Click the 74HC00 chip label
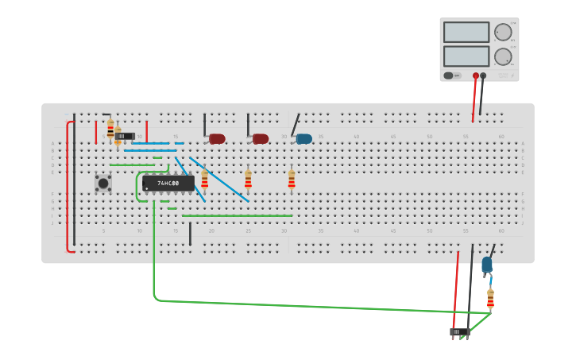coord(168,184)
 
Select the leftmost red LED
coord(217,139)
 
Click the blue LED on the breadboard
coord(303,139)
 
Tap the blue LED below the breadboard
coord(486,265)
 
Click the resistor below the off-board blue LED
coord(490,300)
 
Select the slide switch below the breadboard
coord(459,331)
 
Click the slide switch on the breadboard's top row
coord(125,136)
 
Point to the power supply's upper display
coord(466,33)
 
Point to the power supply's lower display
coord(466,56)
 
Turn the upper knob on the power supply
coord(503,33)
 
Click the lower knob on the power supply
coord(503,56)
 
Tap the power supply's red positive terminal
coord(476,76)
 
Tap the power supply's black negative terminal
coord(483,76)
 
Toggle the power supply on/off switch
coord(449,75)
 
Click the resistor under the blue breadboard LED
coord(292,180)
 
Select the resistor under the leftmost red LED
coord(204,180)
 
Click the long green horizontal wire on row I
coord(237,215)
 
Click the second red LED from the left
coord(261,139)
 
